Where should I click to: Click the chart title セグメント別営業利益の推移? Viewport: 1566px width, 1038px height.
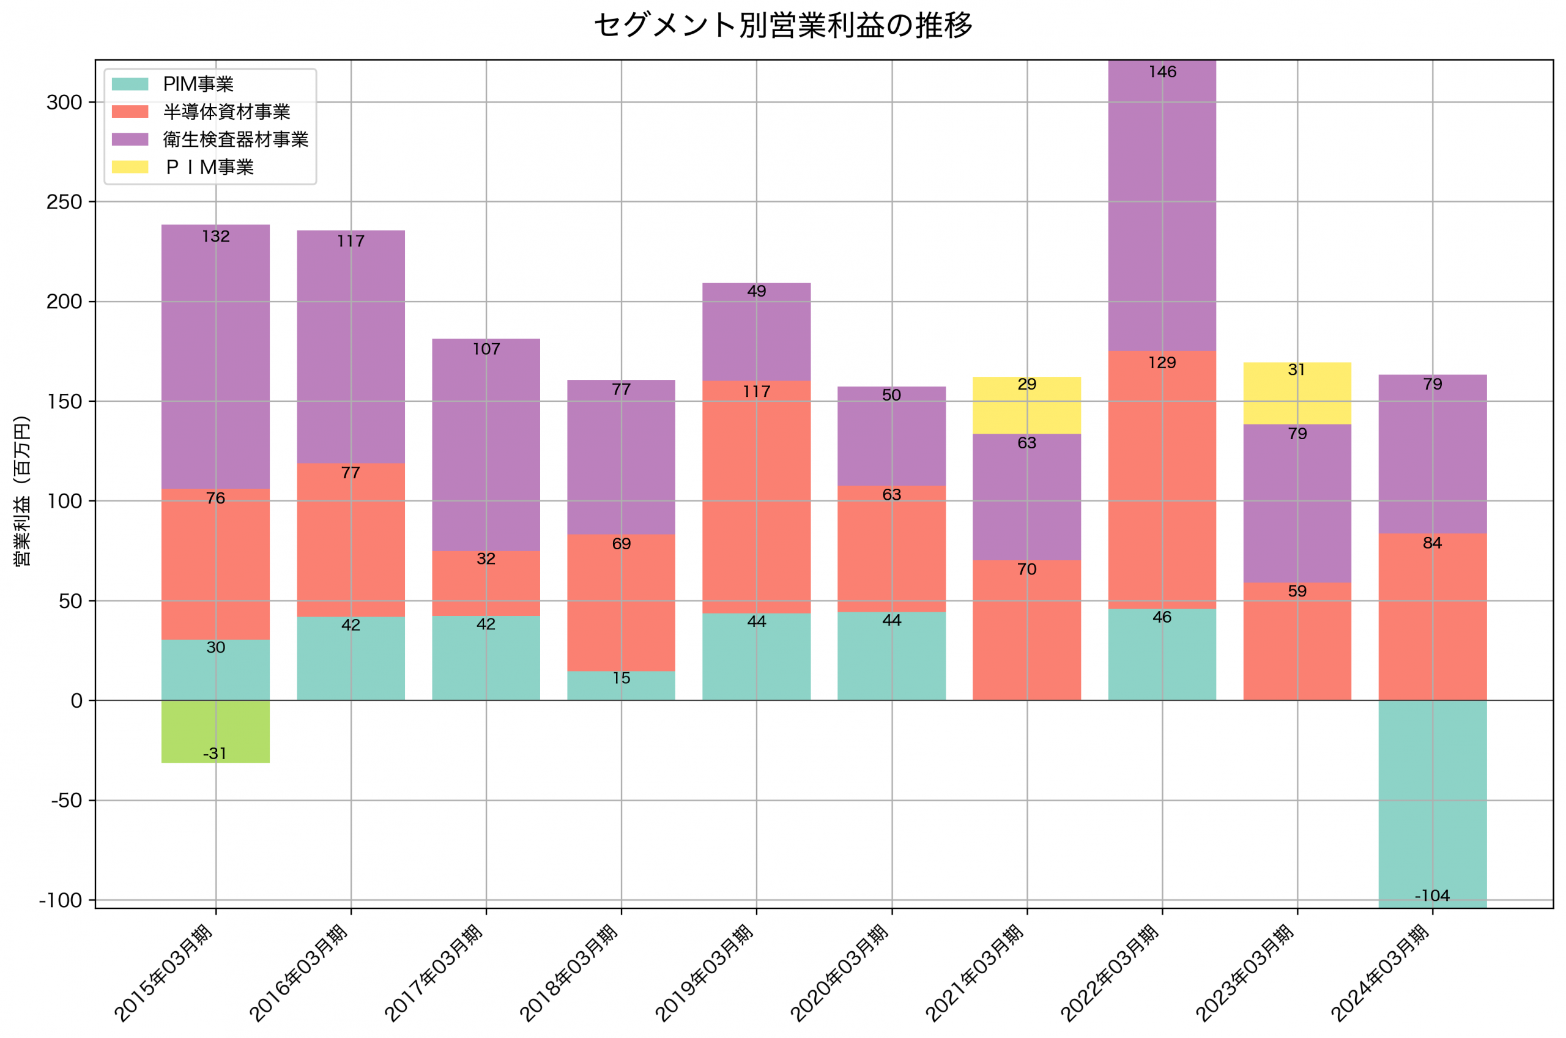(783, 25)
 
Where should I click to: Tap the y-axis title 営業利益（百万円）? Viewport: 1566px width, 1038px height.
(22, 491)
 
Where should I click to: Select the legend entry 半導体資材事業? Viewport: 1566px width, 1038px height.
(226, 112)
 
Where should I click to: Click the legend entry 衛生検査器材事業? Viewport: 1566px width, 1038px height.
(236, 139)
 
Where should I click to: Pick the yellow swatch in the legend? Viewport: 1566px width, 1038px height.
(130, 167)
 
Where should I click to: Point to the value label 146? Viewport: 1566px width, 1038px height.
(1162, 72)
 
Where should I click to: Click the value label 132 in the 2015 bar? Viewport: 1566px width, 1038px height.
(216, 236)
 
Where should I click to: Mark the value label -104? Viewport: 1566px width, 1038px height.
(1431, 895)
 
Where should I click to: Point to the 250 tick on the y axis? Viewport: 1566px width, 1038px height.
(64, 202)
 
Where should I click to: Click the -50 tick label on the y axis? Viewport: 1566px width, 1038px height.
(66, 800)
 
